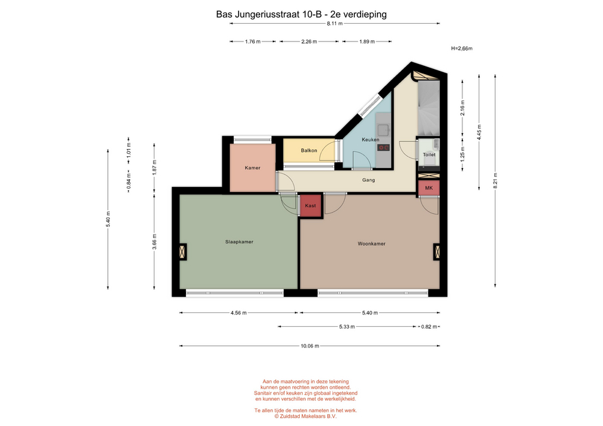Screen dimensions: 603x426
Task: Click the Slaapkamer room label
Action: (x=239, y=242)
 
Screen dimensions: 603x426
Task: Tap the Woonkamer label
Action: (x=371, y=243)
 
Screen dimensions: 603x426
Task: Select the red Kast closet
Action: (x=311, y=206)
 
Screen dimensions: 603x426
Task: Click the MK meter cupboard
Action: (x=429, y=188)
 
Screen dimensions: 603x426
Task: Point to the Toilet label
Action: (x=429, y=154)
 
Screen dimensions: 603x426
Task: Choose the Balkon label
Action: (x=309, y=151)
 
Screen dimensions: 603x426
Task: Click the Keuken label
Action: (x=371, y=139)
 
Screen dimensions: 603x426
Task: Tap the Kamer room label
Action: (x=253, y=168)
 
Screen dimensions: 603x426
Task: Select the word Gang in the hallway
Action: (x=369, y=180)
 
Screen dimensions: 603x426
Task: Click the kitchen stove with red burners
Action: (x=383, y=147)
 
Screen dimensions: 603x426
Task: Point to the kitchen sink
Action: (x=383, y=130)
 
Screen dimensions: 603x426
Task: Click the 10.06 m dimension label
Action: (x=310, y=346)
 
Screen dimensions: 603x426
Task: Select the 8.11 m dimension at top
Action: (x=335, y=23)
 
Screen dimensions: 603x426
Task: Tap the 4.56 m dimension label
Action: (x=239, y=312)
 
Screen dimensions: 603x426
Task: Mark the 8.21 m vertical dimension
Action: (x=496, y=181)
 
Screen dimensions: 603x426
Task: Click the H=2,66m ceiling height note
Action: (x=462, y=48)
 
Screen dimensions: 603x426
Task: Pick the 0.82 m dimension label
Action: (x=429, y=326)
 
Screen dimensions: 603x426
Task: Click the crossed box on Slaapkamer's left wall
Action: (x=182, y=252)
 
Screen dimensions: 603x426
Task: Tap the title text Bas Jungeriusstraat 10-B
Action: (x=268, y=14)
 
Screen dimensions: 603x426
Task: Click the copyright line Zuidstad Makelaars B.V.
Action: (x=305, y=416)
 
